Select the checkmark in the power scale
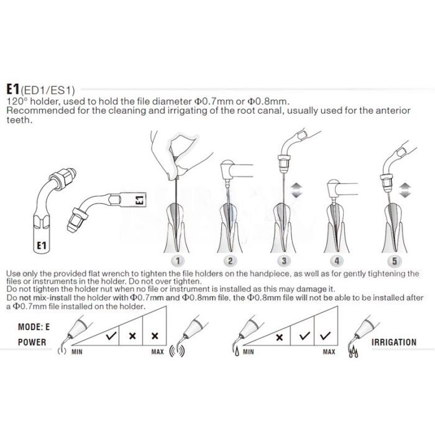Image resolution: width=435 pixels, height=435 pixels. [112, 335]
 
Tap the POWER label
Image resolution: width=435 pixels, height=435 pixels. [32, 342]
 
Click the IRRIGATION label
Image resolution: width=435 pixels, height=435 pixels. [394, 342]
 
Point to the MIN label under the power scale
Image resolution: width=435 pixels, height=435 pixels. [78, 352]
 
